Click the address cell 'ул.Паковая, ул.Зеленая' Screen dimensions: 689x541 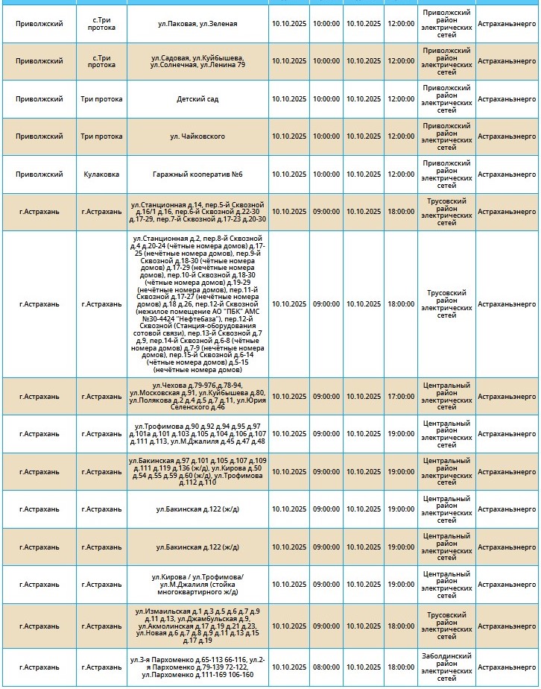pyautogui.click(x=197, y=24)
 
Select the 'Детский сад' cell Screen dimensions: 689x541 pyautogui.click(x=197, y=99)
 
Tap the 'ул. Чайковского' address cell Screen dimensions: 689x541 pyautogui.click(x=197, y=136)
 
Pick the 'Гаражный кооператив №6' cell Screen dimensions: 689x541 pyautogui.click(x=197, y=174)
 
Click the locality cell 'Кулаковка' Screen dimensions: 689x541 pyautogui.click(x=101, y=174)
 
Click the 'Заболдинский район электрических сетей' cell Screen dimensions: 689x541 pyautogui.click(x=446, y=667)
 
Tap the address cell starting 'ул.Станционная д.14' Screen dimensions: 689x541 pyautogui.click(x=197, y=212)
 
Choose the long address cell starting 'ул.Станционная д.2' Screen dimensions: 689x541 pyautogui.click(x=197, y=304)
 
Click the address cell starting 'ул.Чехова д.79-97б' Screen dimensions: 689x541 pyautogui.click(x=197, y=397)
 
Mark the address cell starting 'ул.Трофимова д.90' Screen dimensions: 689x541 pyautogui.click(x=197, y=434)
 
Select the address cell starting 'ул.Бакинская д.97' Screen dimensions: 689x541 pyautogui.click(x=197, y=472)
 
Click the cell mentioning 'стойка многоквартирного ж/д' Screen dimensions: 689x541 pyautogui.click(x=197, y=585)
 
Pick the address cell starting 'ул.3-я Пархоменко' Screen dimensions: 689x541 pyautogui.click(x=197, y=667)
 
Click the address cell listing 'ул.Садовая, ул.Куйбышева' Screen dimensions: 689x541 pyautogui.click(x=197, y=61)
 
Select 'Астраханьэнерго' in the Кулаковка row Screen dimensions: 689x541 pyautogui.click(x=507, y=174)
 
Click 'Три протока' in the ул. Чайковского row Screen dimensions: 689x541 pyautogui.click(x=101, y=136)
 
